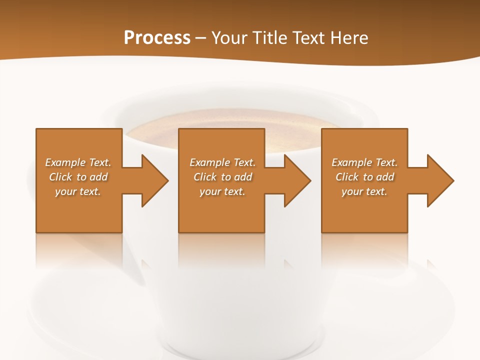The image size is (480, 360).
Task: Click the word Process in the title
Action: (157, 38)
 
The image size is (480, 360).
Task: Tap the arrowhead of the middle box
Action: (297, 180)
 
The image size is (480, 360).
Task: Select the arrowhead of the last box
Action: (440, 180)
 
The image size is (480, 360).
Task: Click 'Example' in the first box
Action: (65, 162)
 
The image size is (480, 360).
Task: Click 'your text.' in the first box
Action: (78, 191)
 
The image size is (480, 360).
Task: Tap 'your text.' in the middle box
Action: (222, 191)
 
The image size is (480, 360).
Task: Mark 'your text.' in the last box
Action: (364, 191)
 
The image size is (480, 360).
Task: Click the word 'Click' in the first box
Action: (60, 177)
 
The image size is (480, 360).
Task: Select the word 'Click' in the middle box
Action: (205, 177)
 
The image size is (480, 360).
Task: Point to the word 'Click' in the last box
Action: (347, 177)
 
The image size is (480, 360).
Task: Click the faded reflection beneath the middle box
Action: (221, 250)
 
